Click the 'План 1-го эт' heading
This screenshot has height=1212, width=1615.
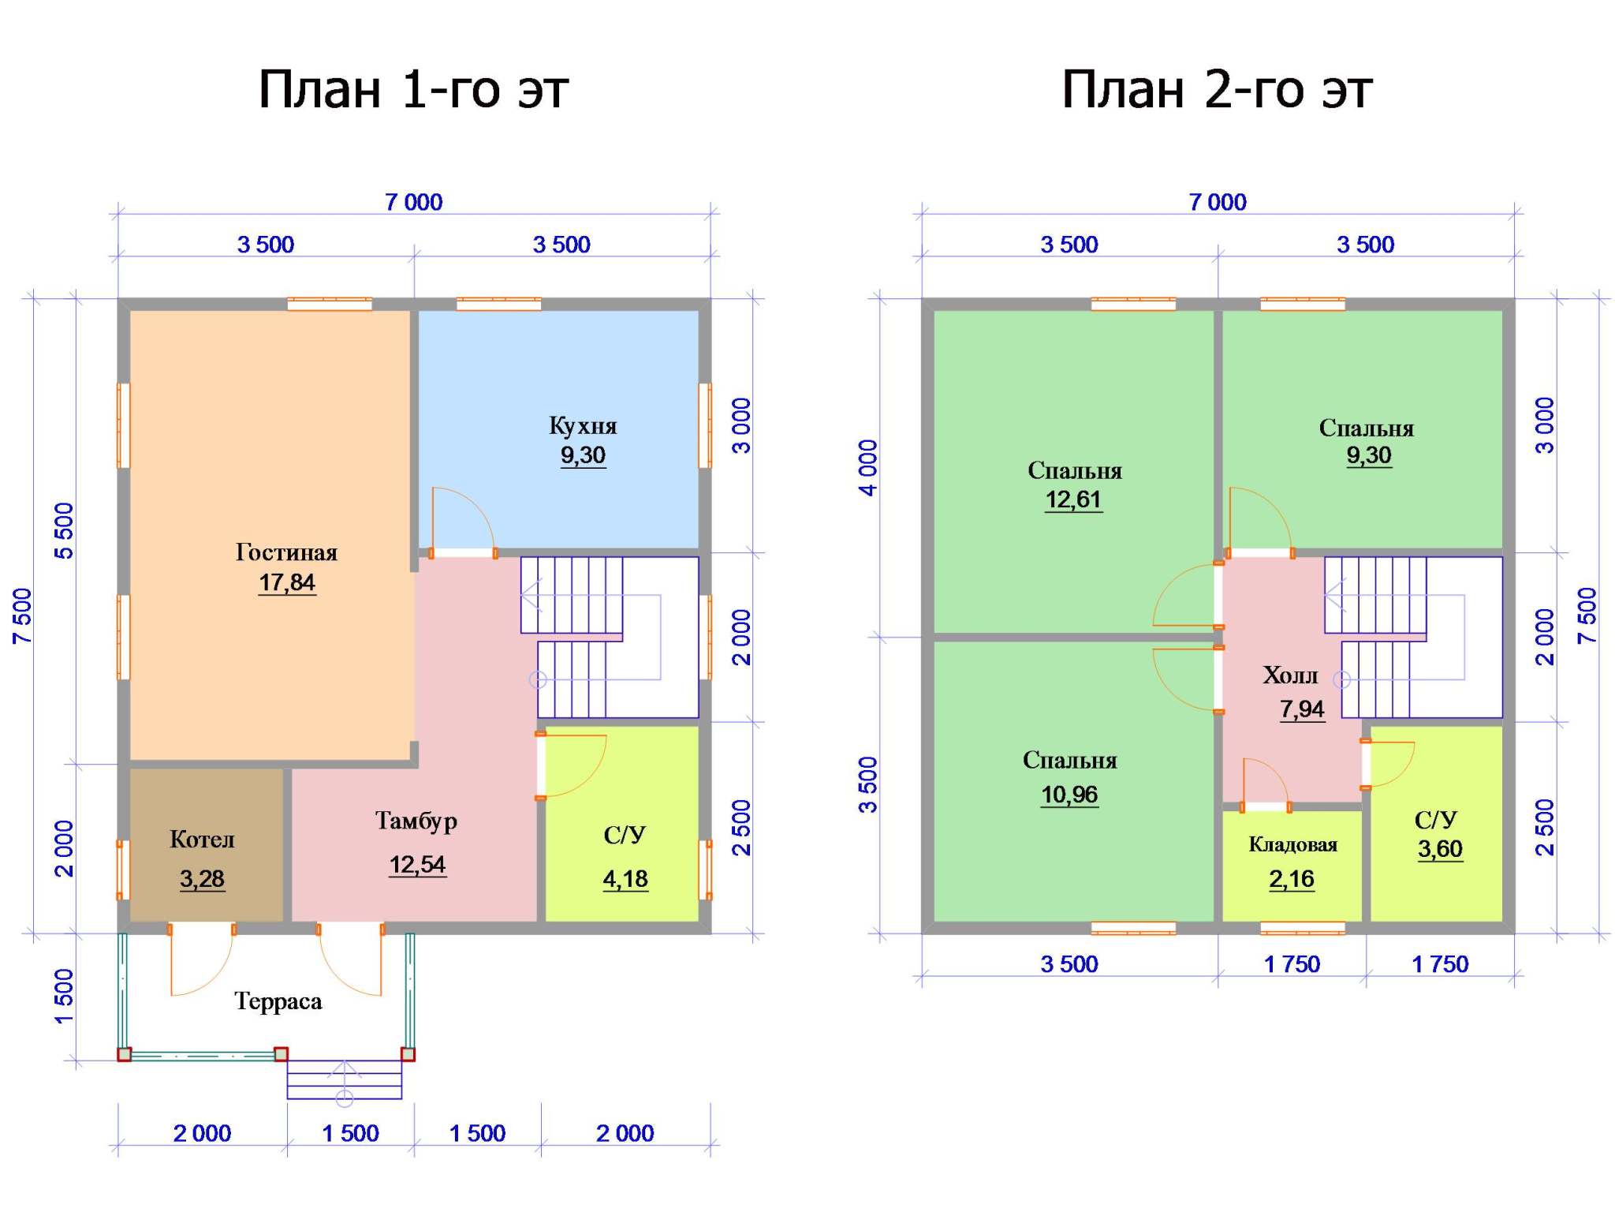[x=413, y=89]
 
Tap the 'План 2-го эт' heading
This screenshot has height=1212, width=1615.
[x=1217, y=89]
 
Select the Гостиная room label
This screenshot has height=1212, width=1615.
[x=286, y=552]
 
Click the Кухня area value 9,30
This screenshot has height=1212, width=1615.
[x=583, y=455]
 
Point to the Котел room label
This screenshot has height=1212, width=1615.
[x=202, y=840]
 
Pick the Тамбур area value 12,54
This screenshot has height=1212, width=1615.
[x=417, y=865]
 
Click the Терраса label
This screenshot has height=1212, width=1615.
[x=278, y=1002]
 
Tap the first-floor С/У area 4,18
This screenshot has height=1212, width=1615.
[x=625, y=879]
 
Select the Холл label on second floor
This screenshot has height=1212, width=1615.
[x=1290, y=675]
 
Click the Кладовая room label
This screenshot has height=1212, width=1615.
[x=1292, y=845]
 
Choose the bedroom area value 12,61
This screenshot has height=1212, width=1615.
[x=1073, y=499]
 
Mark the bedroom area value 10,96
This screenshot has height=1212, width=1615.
[x=1069, y=795]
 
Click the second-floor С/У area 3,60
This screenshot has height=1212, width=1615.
[x=1440, y=849]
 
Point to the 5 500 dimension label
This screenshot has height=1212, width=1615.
[x=64, y=531]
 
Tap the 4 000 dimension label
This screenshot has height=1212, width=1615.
[x=867, y=468]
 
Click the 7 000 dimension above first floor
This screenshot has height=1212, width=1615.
[x=414, y=203]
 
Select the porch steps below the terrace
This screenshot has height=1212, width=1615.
[x=345, y=1080]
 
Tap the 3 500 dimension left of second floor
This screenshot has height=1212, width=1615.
[x=867, y=785]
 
